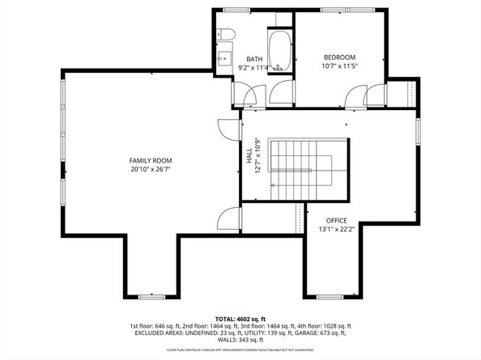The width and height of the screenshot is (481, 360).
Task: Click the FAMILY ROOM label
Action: [x=150, y=161]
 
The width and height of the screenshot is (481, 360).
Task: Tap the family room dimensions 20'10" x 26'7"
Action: [x=150, y=170]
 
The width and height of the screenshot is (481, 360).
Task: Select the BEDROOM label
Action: [x=340, y=57]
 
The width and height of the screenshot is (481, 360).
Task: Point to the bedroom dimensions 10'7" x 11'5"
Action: [x=340, y=66]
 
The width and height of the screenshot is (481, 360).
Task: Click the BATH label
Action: [x=254, y=59]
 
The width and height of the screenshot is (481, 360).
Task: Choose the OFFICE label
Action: [x=336, y=220]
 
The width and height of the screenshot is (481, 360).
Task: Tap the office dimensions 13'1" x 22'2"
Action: [x=336, y=230]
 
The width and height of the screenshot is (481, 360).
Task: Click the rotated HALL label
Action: [x=249, y=155]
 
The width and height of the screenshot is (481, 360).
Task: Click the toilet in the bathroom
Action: [x=227, y=34]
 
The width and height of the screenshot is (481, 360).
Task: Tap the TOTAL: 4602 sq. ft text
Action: [x=240, y=318]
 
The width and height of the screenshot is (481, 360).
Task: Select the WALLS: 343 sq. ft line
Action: [x=240, y=340]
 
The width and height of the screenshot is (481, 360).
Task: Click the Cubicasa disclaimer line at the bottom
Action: [x=240, y=349]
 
